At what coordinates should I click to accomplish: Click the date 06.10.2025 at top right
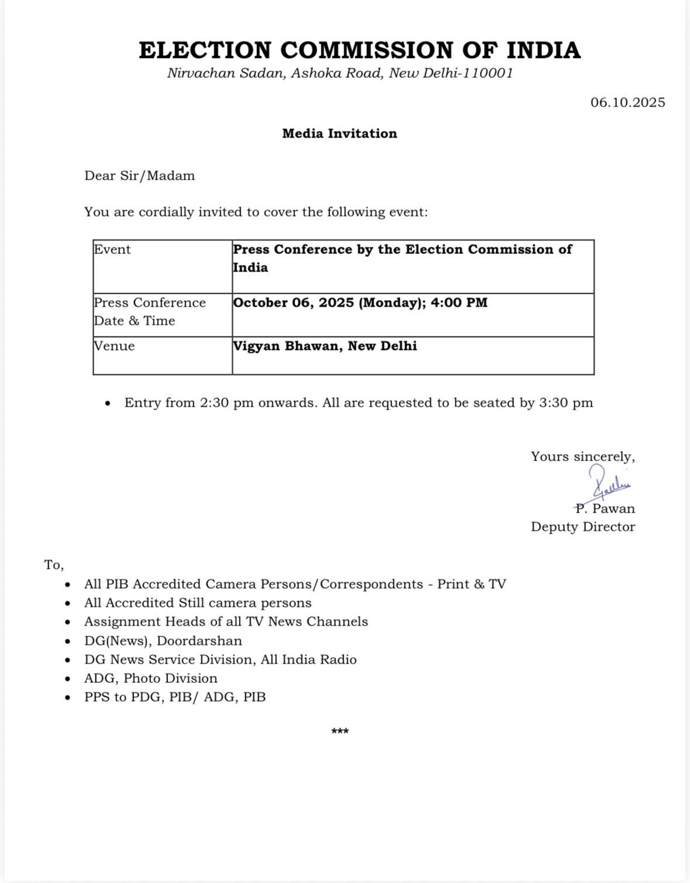pyautogui.click(x=627, y=102)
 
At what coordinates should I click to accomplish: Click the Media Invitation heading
pyautogui.click(x=339, y=133)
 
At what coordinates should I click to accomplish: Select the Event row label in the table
pyautogui.click(x=112, y=249)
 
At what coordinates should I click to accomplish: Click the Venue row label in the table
pyautogui.click(x=115, y=346)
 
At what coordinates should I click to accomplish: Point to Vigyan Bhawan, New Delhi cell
pyautogui.click(x=325, y=346)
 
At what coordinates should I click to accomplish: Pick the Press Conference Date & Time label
pyautogui.click(x=150, y=311)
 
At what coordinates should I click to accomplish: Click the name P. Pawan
pyautogui.click(x=605, y=509)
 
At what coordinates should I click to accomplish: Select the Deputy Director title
pyautogui.click(x=583, y=527)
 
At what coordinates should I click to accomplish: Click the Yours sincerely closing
pyautogui.click(x=583, y=456)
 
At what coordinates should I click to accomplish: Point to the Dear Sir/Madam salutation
pyautogui.click(x=139, y=176)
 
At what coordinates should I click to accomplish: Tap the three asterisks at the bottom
pyautogui.click(x=340, y=731)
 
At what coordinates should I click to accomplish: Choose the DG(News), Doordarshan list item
pyautogui.click(x=163, y=641)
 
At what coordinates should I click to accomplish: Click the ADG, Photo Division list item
pyautogui.click(x=150, y=678)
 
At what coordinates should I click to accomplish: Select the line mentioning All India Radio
pyautogui.click(x=220, y=659)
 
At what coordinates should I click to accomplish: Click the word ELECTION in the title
pyautogui.click(x=205, y=50)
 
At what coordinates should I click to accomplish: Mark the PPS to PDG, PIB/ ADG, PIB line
pyautogui.click(x=174, y=697)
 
